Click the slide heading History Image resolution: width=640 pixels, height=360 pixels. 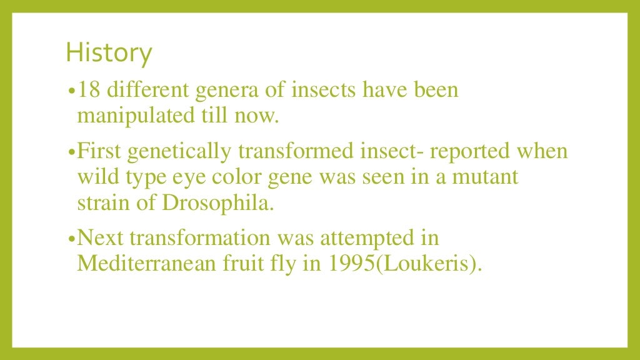pyautogui.click(x=109, y=54)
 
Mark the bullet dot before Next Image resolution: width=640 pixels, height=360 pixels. pyautogui.click(x=71, y=239)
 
